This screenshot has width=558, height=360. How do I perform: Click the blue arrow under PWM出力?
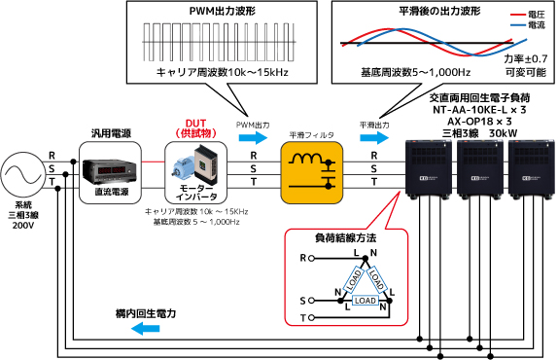coord(253,138)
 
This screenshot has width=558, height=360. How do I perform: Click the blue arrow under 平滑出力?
coord(374,138)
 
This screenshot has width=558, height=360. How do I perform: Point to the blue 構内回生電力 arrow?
coord(145,328)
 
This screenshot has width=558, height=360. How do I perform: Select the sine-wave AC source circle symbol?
coord(22,175)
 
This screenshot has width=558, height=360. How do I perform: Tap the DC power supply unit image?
coord(110,171)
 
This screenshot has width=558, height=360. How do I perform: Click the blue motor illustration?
coord(184,167)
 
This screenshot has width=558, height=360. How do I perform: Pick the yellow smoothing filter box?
coord(312,172)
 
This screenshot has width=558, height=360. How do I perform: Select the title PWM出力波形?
coord(223,11)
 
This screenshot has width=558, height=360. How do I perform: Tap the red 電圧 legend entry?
coord(528,15)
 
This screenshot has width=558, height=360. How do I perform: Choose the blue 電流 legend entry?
coord(528,25)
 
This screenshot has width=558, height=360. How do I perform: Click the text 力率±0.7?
coord(526,58)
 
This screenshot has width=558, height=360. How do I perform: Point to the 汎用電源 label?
coord(111,133)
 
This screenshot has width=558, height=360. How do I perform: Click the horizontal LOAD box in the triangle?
coord(366,301)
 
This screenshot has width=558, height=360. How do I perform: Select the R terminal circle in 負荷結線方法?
coord(311,258)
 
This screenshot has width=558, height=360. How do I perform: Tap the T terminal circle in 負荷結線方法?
coord(311,317)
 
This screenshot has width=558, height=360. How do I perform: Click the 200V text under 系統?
coord(23,226)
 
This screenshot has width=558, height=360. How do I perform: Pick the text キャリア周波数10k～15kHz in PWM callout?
coord(222,73)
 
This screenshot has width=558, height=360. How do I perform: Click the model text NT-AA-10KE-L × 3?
coord(479,109)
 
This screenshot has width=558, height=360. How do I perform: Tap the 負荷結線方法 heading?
coord(345,237)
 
